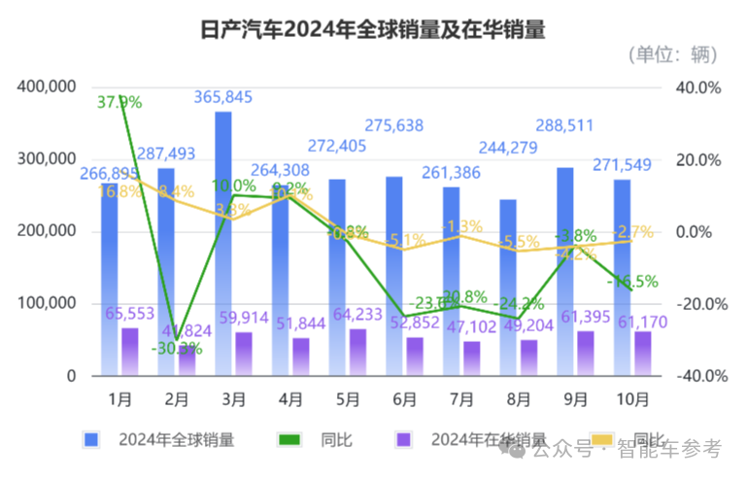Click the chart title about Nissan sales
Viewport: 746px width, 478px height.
coord(372,29)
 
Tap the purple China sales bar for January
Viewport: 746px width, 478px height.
coord(129,352)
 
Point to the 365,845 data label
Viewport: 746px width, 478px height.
coord(224,97)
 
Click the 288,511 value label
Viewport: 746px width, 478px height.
coord(574,125)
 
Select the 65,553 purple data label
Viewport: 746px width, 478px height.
coord(130,313)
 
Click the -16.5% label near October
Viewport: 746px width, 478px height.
coord(631,282)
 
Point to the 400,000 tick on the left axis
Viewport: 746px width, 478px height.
coord(47,87)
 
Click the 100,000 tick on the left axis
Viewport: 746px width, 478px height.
coord(47,304)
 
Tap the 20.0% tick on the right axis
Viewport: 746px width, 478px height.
coord(699,160)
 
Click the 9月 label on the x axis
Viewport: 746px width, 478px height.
coord(575,399)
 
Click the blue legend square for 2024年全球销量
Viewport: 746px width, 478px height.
coord(91,440)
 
